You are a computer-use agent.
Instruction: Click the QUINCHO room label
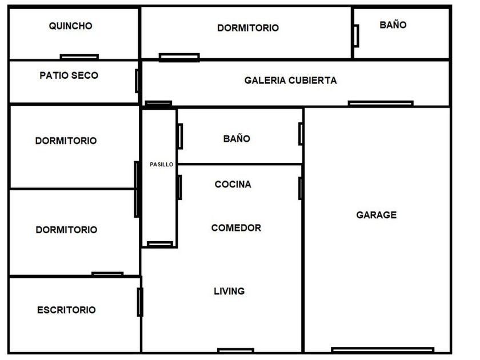point(70,26)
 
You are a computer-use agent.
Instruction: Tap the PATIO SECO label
point(69,75)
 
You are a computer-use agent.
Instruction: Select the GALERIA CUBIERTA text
point(290,80)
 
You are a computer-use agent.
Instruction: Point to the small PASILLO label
point(161,165)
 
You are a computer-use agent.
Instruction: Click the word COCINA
point(233,184)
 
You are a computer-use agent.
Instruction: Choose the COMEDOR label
point(236,228)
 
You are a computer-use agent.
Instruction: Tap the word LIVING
point(229,291)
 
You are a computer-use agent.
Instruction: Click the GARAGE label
point(377,215)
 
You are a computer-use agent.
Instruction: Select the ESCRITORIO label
point(66,310)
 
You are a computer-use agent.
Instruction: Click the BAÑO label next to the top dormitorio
point(393,25)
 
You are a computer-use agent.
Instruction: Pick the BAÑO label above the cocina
point(237,139)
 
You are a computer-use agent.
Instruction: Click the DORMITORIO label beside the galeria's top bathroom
point(248,28)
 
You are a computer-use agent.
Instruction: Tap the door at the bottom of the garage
point(383,350)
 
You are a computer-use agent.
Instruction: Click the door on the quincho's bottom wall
point(79,57)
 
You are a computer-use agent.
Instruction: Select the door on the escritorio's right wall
point(140,302)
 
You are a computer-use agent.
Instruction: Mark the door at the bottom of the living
point(235,350)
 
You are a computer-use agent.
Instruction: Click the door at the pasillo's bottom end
point(160,244)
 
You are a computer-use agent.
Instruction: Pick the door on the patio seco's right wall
point(137,81)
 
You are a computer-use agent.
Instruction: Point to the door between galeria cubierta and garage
point(381,103)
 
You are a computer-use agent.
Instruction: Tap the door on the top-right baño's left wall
point(357,36)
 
